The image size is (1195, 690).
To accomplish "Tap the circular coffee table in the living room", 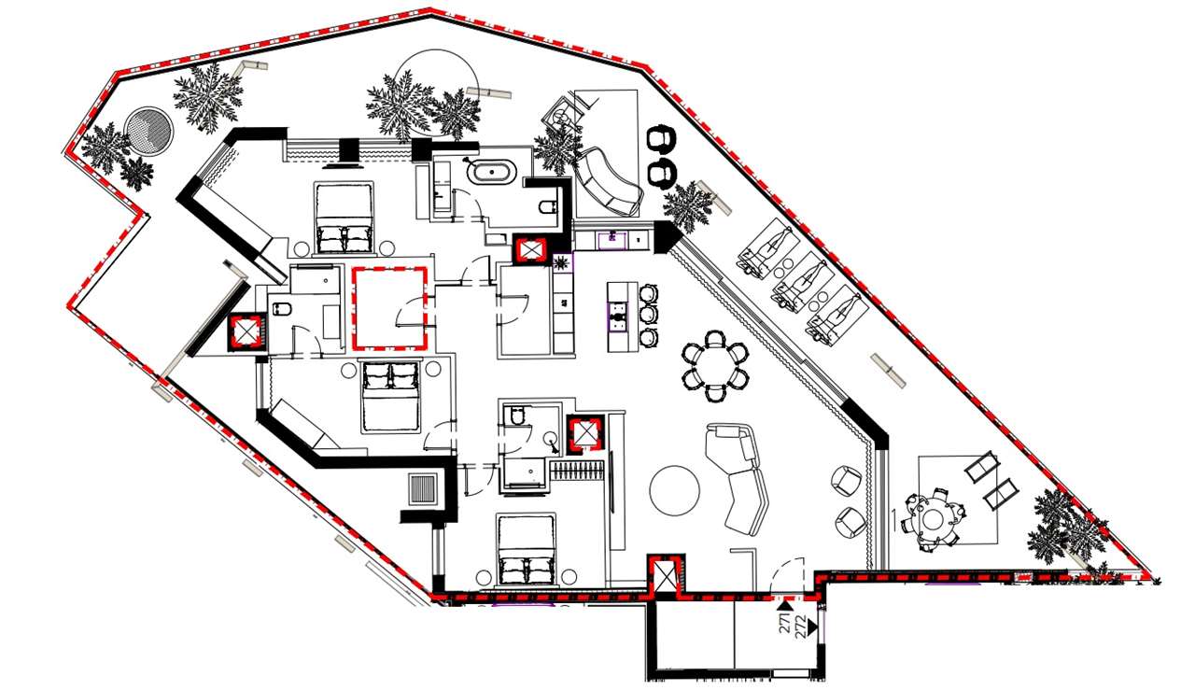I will [674, 489].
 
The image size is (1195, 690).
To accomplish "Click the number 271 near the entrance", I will [785, 623].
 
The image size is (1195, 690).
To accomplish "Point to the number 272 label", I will [801, 626].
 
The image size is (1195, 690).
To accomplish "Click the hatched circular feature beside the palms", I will [149, 130].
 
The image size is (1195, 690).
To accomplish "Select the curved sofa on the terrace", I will [608, 182].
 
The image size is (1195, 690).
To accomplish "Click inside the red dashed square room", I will [388, 309].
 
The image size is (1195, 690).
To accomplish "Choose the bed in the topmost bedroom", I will [344, 218].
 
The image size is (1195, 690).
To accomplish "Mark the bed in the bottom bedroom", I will [527, 551].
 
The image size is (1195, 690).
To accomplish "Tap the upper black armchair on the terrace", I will [662, 139].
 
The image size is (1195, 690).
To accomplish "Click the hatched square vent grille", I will [423, 489].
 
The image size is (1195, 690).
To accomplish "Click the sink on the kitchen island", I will [617, 315].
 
